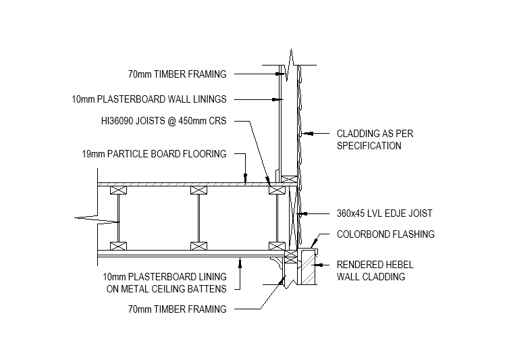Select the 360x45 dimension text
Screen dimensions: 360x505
(353, 213)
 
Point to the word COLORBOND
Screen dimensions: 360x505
(363, 234)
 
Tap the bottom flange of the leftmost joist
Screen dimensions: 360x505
(117, 246)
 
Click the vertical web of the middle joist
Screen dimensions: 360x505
(198, 218)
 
